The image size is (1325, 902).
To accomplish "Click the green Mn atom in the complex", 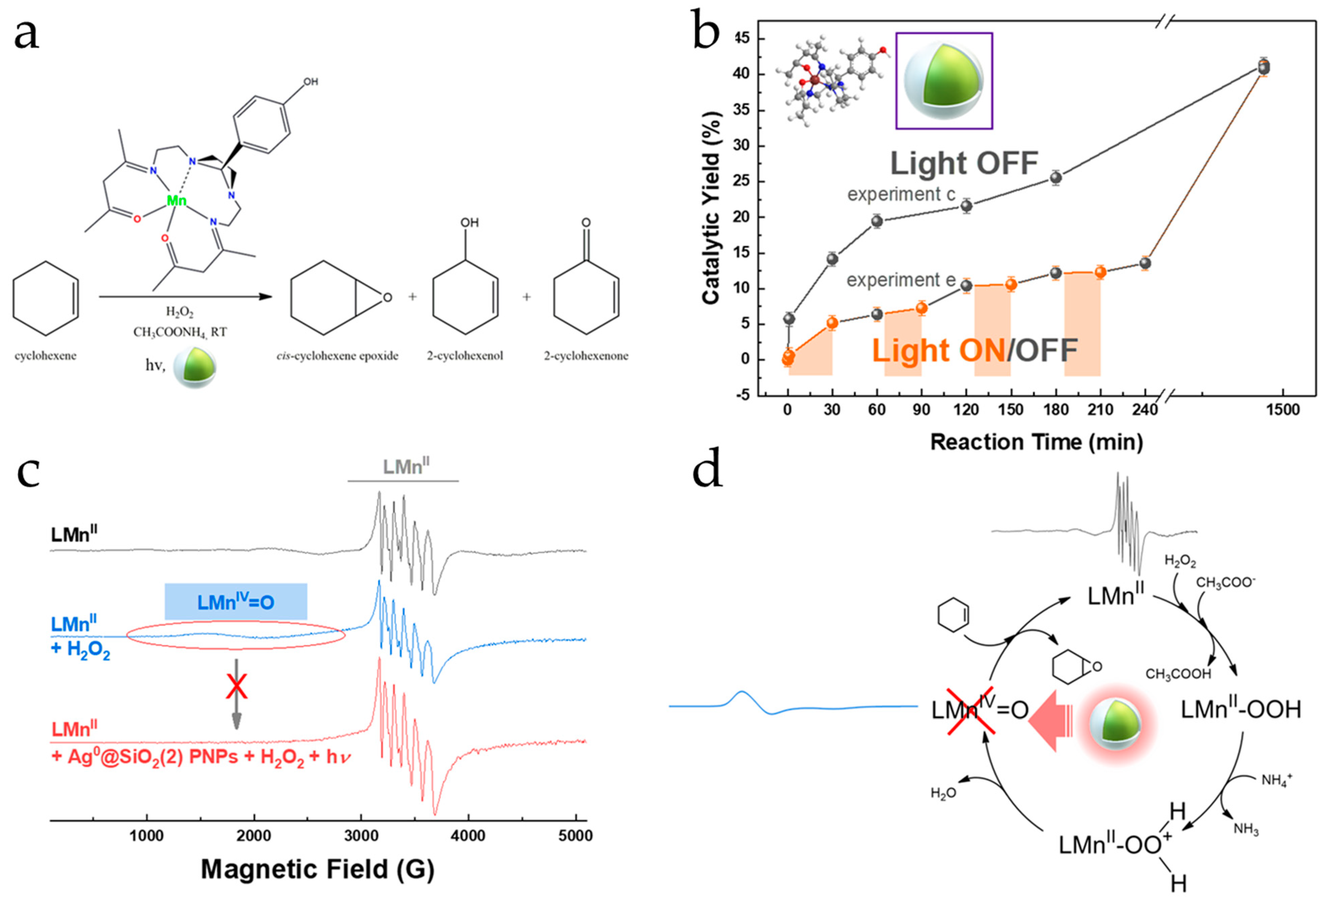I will pyautogui.click(x=176, y=200).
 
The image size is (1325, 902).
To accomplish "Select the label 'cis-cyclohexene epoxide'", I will pyautogui.click(x=337, y=356).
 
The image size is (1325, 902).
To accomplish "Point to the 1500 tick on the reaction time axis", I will pyautogui.click(x=1283, y=410).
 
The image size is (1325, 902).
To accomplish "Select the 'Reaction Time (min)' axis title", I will pyautogui.click(x=1036, y=442).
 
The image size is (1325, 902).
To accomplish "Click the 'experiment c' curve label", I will pyautogui.click(x=901, y=194).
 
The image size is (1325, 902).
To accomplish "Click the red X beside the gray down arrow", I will pyautogui.click(x=236, y=687).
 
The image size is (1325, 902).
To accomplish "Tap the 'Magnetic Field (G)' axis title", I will pyautogui.click(x=318, y=869).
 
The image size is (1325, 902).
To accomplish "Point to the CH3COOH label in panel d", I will pyautogui.click(x=1178, y=674).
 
